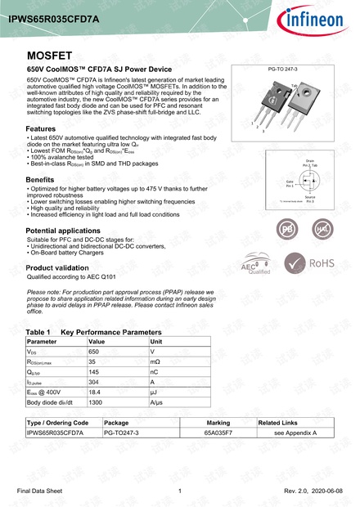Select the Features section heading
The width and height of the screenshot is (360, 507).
41,129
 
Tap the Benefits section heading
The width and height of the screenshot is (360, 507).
40,179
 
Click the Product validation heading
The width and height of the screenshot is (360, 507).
58,267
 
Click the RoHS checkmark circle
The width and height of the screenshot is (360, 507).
293,262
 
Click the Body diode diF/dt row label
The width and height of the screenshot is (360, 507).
51,402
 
